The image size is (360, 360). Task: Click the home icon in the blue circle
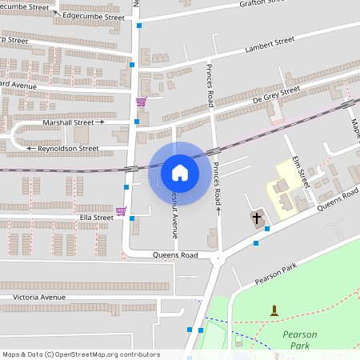click(179, 173)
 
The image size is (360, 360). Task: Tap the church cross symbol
click(257, 218)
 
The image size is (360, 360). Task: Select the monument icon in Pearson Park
click(274, 310)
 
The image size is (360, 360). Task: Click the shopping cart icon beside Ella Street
click(121, 211)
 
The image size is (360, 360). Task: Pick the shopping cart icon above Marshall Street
click(141, 102)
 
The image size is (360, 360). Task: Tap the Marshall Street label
click(70, 122)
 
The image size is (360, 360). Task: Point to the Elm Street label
click(299, 170)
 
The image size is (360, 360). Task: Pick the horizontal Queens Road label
click(174, 255)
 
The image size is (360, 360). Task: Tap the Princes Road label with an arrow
click(216, 186)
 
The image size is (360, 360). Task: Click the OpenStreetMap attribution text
click(80, 354)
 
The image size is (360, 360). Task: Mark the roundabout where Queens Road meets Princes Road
click(216, 258)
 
